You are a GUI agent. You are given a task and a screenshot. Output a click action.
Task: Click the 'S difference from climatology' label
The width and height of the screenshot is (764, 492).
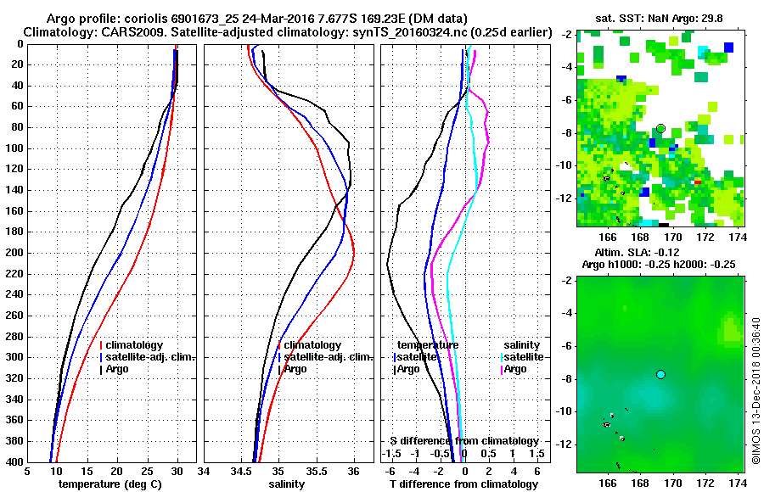tap(464, 441)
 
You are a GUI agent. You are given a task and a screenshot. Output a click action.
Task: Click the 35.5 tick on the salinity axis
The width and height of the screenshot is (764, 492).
tap(316, 472)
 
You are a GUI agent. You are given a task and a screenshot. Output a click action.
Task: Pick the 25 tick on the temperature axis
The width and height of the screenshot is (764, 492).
tap(147, 472)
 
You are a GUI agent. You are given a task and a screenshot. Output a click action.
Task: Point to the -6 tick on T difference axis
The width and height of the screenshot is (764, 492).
tap(391, 470)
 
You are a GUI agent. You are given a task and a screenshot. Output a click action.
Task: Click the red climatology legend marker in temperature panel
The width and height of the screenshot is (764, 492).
tap(101, 345)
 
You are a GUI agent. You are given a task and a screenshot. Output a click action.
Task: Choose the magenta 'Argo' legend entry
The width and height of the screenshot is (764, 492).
tap(520, 369)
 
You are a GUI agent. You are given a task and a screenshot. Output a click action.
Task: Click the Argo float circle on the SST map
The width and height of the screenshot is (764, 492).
tap(660, 128)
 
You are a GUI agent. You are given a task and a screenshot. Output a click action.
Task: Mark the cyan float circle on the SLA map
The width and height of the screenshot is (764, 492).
tap(660, 374)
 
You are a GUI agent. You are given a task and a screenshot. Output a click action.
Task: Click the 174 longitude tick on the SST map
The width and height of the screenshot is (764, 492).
tap(738, 238)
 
